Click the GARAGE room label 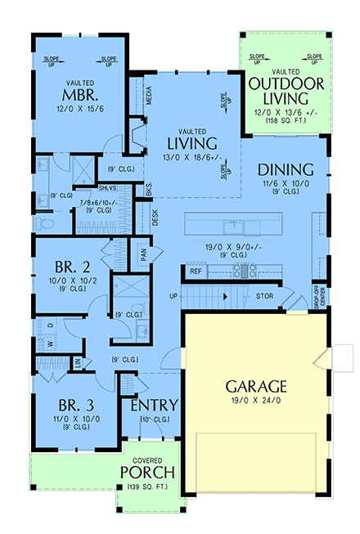(x=256, y=385)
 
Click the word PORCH (x=147, y=473)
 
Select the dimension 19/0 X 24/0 (x=256, y=402)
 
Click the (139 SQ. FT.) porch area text (x=147, y=488)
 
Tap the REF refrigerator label (x=196, y=271)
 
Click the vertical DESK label (x=154, y=218)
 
